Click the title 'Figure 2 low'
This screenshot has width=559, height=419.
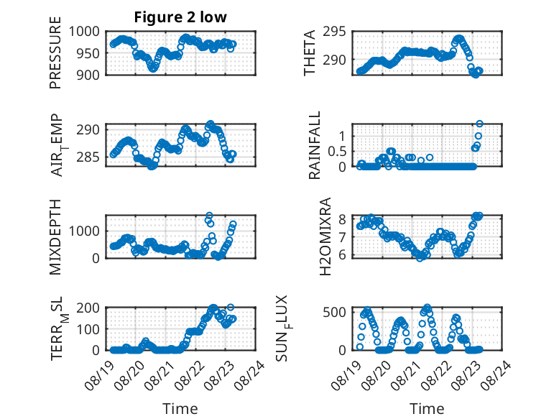180,17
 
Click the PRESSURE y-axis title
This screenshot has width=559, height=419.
55,52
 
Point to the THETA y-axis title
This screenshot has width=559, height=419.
310,52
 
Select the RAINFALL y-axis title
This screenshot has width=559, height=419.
315,145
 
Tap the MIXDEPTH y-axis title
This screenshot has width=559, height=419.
55,237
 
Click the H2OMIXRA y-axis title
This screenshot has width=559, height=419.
325,236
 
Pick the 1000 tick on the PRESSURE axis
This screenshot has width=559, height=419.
84,32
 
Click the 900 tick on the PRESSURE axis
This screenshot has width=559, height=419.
88,75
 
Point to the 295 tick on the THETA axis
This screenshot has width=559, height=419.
334,32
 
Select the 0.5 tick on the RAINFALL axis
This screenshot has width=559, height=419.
337,151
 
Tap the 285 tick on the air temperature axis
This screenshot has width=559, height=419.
88,157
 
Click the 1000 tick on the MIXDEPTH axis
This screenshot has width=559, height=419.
84,231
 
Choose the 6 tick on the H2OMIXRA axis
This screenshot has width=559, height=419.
342,255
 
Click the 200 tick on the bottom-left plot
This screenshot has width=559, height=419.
88,308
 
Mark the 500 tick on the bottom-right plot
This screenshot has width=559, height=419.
334,313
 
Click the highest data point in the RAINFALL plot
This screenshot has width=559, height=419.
479,124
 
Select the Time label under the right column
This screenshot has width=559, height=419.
427,408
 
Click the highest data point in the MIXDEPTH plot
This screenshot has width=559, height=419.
209,216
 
